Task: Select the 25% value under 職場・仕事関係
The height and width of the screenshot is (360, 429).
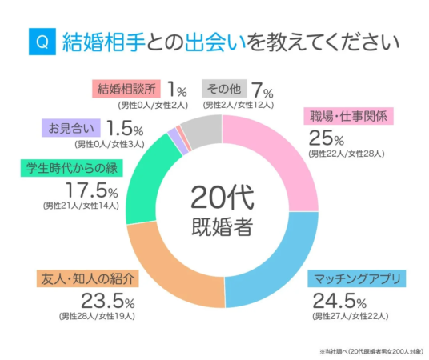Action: click(324, 137)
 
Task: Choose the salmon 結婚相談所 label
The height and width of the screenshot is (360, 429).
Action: click(126, 87)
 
